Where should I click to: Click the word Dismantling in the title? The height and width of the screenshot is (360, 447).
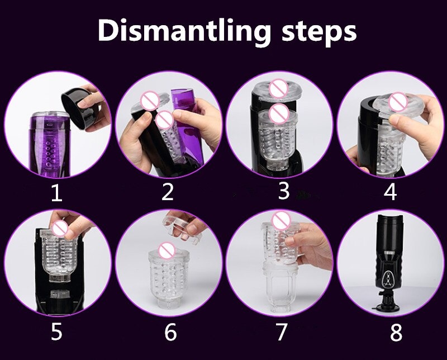[184, 31]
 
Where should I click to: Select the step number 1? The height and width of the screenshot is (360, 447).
[56, 193]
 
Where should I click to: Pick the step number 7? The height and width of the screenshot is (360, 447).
[282, 331]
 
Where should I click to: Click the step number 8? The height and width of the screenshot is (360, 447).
[396, 332]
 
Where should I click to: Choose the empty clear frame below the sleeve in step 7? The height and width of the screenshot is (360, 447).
[280, 288]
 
